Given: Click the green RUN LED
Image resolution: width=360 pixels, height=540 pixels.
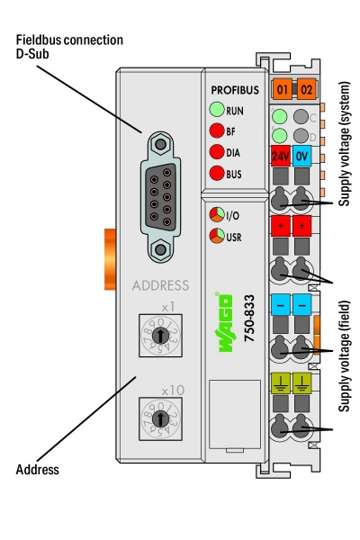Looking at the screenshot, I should pos(216,111).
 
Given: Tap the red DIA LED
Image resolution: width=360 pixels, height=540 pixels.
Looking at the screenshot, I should pos(216,152).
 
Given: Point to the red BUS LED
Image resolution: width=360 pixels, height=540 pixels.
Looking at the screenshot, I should pos(216,173).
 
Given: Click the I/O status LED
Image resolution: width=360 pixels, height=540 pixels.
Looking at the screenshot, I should pos(216,215).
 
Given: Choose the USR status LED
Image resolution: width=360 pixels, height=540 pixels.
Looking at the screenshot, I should pos(216,237).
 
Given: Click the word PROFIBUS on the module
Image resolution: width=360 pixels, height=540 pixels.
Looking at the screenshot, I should pos(234,91).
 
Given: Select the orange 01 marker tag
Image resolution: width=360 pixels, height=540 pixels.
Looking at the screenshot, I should pos(283,90).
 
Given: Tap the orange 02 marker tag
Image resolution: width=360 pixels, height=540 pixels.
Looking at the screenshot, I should pos(306,90).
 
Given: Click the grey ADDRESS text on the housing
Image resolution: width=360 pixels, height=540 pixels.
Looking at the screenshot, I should pos(160,285).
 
